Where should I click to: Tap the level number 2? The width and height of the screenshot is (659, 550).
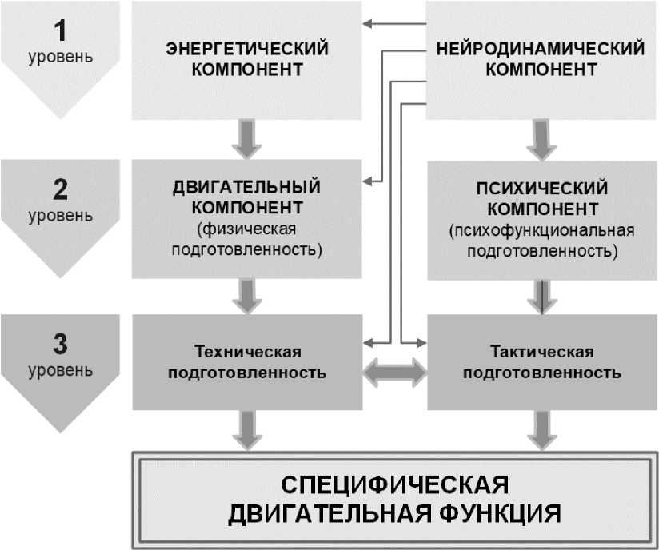pos(60,190)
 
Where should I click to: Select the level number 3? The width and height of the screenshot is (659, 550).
pos(60,345)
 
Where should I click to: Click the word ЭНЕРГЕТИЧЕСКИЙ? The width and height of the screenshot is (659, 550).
pos(246,48)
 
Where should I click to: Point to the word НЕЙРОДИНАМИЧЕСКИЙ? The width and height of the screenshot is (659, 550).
pos(541,48)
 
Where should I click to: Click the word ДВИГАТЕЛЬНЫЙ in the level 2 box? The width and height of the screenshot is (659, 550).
pos(246,189)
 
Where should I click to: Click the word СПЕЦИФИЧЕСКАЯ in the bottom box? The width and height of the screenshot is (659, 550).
pos(395,486)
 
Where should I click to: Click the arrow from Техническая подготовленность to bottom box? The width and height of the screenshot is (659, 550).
pos(246,430)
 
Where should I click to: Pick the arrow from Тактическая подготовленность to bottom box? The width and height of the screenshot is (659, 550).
pos(541,430)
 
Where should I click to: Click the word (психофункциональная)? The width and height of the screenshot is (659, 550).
pos(541,231)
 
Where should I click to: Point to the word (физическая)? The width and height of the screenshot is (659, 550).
pos(246,229)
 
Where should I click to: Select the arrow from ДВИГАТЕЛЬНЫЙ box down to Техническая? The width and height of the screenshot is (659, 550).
pos(246,296)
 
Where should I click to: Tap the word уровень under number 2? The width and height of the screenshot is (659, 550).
pos(60,215)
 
